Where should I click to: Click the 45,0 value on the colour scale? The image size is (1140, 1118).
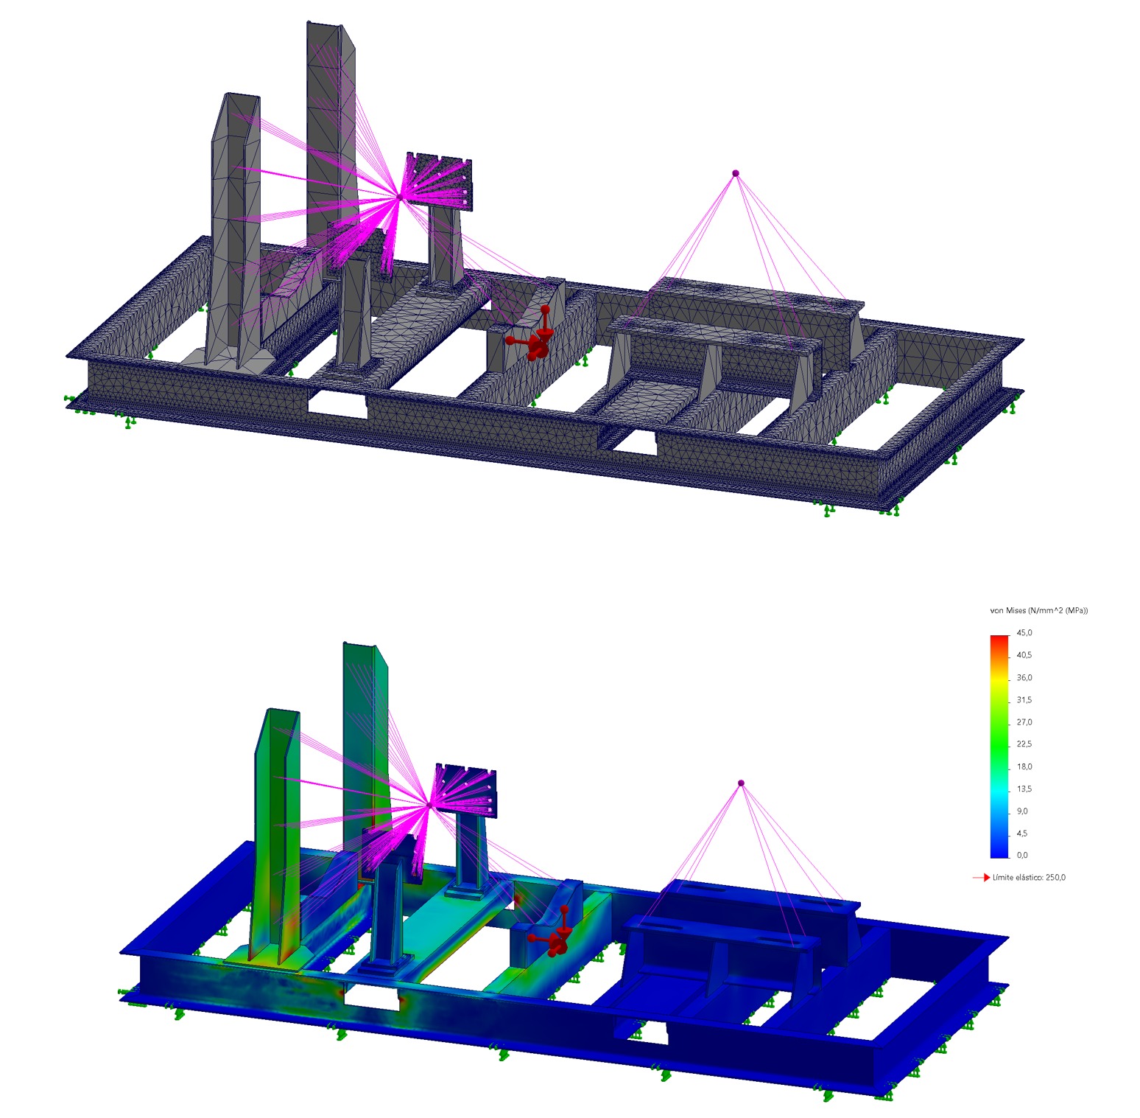[1024, 632]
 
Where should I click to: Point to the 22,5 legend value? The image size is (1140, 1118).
[1024, 744]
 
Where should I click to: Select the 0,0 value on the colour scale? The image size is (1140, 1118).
[1022, 855]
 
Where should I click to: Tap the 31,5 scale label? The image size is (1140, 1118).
[1024, 699]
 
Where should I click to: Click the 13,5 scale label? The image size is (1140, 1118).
[1024, 789]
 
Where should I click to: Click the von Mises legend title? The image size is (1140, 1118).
[1038, 610]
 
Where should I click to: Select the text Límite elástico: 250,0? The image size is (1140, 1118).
[1029, 877]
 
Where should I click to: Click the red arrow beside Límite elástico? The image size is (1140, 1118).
[981, 878]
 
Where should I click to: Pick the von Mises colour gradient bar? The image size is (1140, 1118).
[999, 746]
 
